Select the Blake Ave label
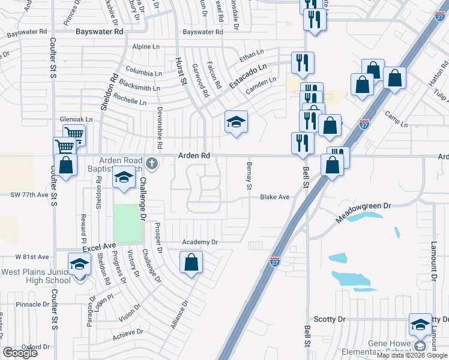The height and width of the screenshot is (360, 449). tap(275, 197)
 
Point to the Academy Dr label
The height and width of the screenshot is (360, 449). tap(199, 242)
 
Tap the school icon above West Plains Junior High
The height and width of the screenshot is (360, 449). tap(79, 264)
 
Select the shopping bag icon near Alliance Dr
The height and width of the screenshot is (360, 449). tap(191, 262)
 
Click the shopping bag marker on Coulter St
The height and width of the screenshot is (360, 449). tap(65, 166)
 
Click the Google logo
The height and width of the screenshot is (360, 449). tap(20, 353)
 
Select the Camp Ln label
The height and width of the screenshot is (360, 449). tap(396, 119)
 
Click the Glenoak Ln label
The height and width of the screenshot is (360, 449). tap(76, 119)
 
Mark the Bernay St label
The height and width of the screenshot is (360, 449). tap(248, 175)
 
